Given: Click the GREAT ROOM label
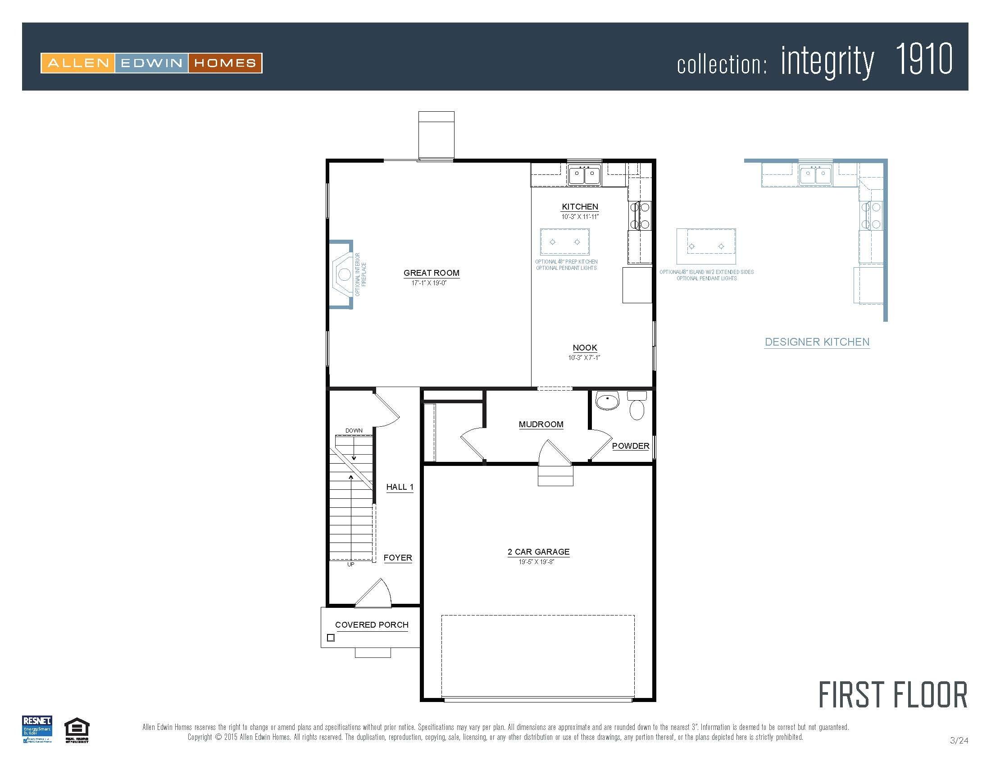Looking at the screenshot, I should pos(432,273).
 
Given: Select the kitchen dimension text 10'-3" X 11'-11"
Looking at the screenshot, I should pos(580,217).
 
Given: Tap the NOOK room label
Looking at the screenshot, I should pos(584,347).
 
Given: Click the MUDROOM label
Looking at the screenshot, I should pos(541,424).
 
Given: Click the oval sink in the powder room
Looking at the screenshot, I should pos(607,401).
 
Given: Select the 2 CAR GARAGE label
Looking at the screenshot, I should pos(538,552).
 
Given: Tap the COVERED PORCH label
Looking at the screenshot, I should pos(372,625).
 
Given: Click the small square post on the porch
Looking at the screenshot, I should pos(331,638).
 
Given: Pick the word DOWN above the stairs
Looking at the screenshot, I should pos(354,431).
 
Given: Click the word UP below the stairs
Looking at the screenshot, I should pos(351,565).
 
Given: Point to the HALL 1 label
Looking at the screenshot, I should pos(400,487).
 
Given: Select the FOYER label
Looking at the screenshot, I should pos(397,558).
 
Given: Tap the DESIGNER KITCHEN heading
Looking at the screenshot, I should pos(817,342).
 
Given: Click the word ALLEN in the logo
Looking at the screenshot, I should pos(78,63).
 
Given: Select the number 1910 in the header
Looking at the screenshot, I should pos(923,59).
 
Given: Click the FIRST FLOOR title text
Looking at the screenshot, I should pos(892,696).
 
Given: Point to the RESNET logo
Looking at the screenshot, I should pos(37,729).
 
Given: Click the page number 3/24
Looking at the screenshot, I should pos(959,741).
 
